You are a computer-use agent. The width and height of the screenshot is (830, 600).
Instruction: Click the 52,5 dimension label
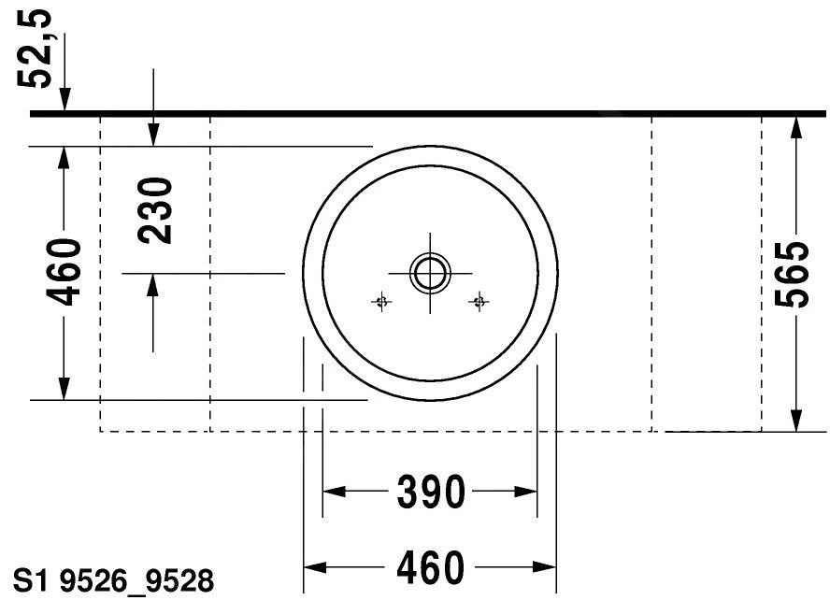[35, 49]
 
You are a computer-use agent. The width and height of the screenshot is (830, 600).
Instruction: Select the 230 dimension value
[154, 210]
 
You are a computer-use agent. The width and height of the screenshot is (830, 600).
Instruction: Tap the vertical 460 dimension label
[64, 272]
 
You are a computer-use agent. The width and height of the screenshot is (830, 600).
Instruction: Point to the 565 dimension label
[792, 274]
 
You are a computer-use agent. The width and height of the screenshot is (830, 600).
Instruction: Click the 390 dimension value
[432, 493]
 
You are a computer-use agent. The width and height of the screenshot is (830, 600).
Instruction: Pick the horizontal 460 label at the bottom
[430, 567]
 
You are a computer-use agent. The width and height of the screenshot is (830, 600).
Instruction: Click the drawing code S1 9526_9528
[113, 581]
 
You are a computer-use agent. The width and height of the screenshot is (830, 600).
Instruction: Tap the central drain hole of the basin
[430, 274]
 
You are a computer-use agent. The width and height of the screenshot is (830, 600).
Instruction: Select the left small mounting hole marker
[381, 302]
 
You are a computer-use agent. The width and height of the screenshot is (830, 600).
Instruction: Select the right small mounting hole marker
[479, 302]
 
